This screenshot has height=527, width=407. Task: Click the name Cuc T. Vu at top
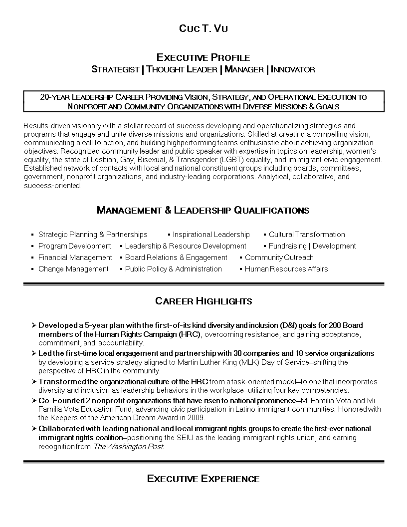coord(203,28)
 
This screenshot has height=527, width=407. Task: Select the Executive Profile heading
coord(203,57)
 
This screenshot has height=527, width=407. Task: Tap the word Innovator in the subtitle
coord(293,69)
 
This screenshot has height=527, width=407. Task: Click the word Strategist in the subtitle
coord(115,69)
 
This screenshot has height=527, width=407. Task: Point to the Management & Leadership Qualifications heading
coord(203,210)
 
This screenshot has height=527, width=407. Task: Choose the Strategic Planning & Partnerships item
coord(93,235)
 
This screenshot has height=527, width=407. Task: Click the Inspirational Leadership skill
coord(211,235)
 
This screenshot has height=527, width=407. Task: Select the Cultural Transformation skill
coord(307,235)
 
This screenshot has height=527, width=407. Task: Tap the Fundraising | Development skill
coord(312,246)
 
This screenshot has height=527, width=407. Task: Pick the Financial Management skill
coord(75,258)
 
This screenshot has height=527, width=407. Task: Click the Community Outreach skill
coord(279,258)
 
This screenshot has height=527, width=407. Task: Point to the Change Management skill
coord(73,269)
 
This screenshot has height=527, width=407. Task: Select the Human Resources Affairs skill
coord(286,269)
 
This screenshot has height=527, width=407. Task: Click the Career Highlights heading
coord(203,301)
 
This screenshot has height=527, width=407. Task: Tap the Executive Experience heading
coord(203,479)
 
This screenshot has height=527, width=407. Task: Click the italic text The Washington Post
coord(128,447)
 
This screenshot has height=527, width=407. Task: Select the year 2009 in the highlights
coord(195,418)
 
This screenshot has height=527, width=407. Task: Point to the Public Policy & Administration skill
coord(173,269)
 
